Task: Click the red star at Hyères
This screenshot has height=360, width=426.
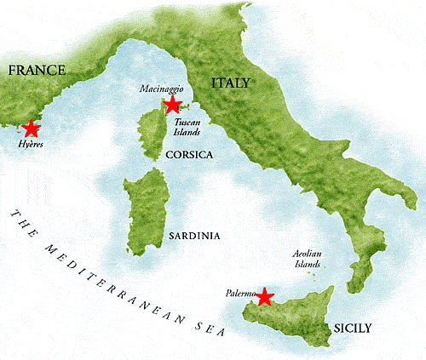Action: [32, 129]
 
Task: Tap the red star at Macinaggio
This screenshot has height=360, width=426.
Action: [172, 105]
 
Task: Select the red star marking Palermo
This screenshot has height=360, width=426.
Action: [265, 296]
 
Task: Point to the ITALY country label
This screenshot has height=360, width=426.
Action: [230, 83]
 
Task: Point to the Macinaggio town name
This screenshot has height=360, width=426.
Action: [158, 88]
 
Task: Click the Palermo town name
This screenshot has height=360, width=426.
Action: [242, 293]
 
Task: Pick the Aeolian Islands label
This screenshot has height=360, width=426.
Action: [306, 260]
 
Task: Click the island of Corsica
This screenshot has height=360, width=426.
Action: [151, 136]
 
